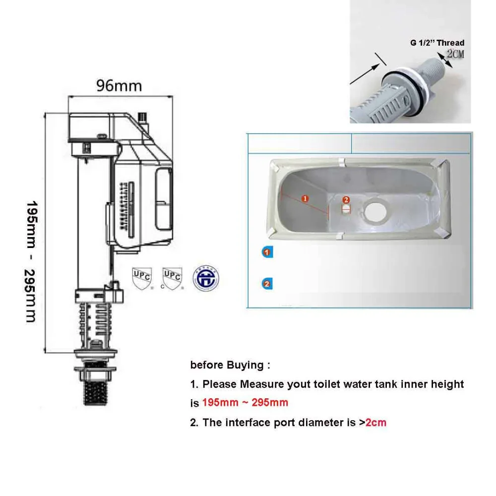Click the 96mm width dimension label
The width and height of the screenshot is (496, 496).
tap(119, 86)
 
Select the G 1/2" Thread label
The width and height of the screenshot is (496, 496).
tap(437, 43)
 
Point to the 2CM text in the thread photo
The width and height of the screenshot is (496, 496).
tap(455, 54)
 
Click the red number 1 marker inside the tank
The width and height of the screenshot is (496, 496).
tap(305, 198)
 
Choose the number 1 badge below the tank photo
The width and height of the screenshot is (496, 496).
tap(267, 252)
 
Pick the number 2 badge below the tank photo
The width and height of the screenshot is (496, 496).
tap(267, 284)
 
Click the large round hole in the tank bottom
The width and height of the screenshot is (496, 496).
tap(375, 210)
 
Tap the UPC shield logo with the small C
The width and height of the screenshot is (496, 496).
tap(172, 279)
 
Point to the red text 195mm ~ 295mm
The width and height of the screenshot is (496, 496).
tap(245, 402)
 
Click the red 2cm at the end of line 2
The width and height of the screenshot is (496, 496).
tap(376, 423)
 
